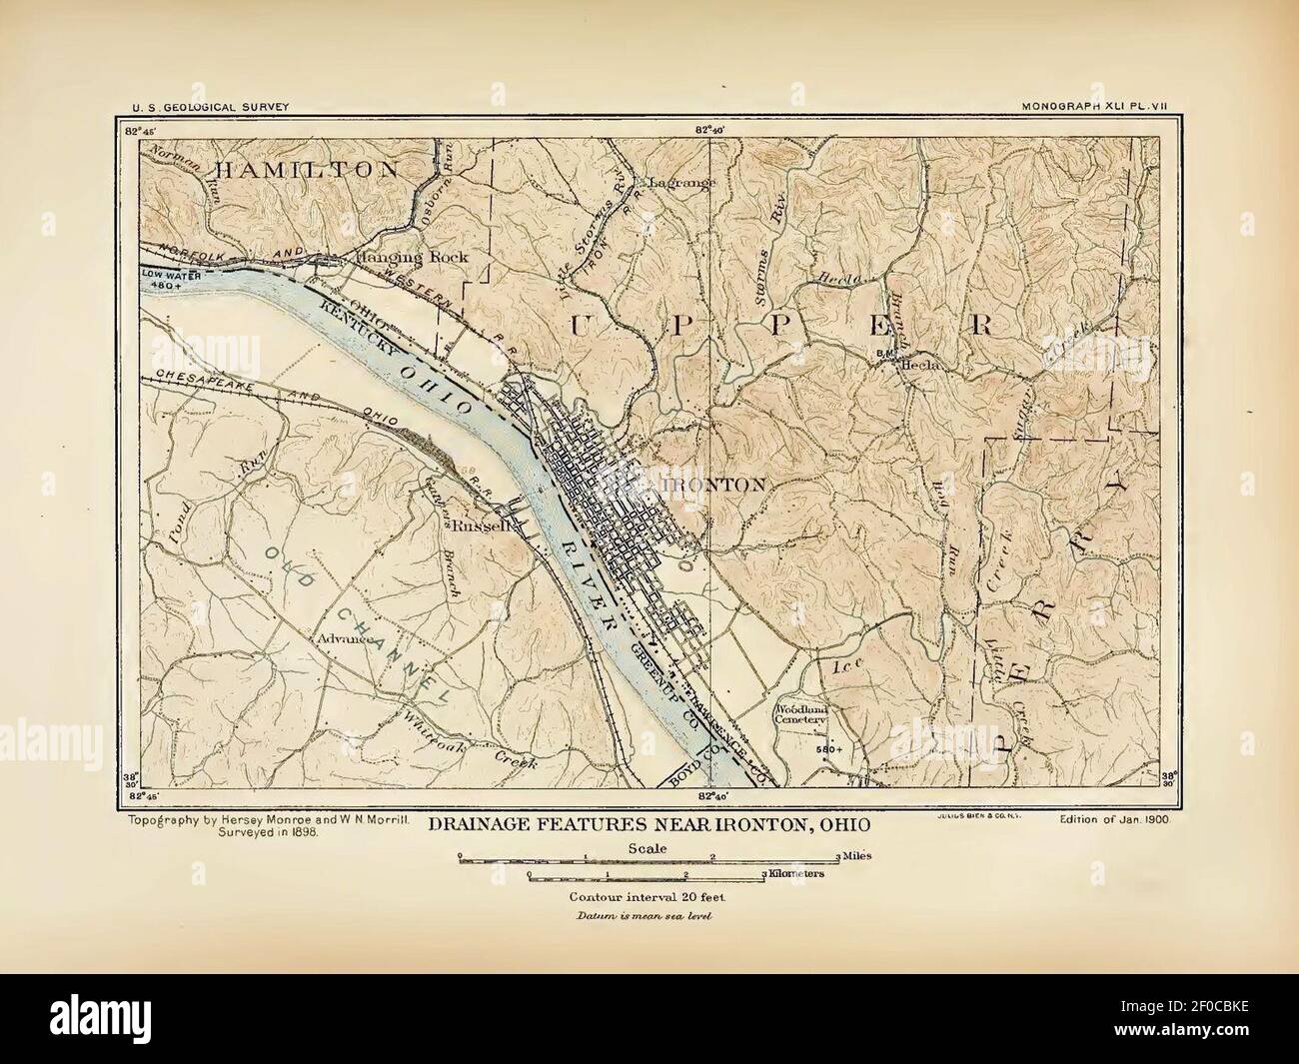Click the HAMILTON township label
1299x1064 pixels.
pyautogui.click(x=304, y=170)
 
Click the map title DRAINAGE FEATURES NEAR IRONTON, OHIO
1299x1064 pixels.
pyautogui.click(x=649, y=826)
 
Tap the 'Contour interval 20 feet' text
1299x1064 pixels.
pyautogui.click(x=649, y=896)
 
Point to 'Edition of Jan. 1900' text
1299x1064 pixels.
pyautogui.click(x=1114, y=818)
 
